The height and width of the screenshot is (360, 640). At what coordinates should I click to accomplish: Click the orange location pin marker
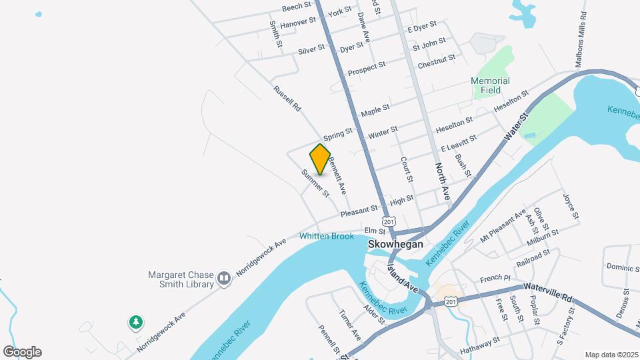320,159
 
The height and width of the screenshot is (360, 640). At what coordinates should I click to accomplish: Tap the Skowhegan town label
396,245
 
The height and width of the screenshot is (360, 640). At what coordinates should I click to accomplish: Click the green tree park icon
136,323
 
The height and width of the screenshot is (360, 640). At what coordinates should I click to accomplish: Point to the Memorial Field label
490,85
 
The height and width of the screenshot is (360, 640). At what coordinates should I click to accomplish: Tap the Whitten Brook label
327,236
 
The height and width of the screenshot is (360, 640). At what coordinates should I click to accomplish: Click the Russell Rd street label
287,98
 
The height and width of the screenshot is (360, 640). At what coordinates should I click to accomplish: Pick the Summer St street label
315,183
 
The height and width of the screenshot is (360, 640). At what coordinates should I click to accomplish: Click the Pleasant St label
359,212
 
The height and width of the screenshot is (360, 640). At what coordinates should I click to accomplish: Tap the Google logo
22,352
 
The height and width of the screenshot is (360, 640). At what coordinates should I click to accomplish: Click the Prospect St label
367,68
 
